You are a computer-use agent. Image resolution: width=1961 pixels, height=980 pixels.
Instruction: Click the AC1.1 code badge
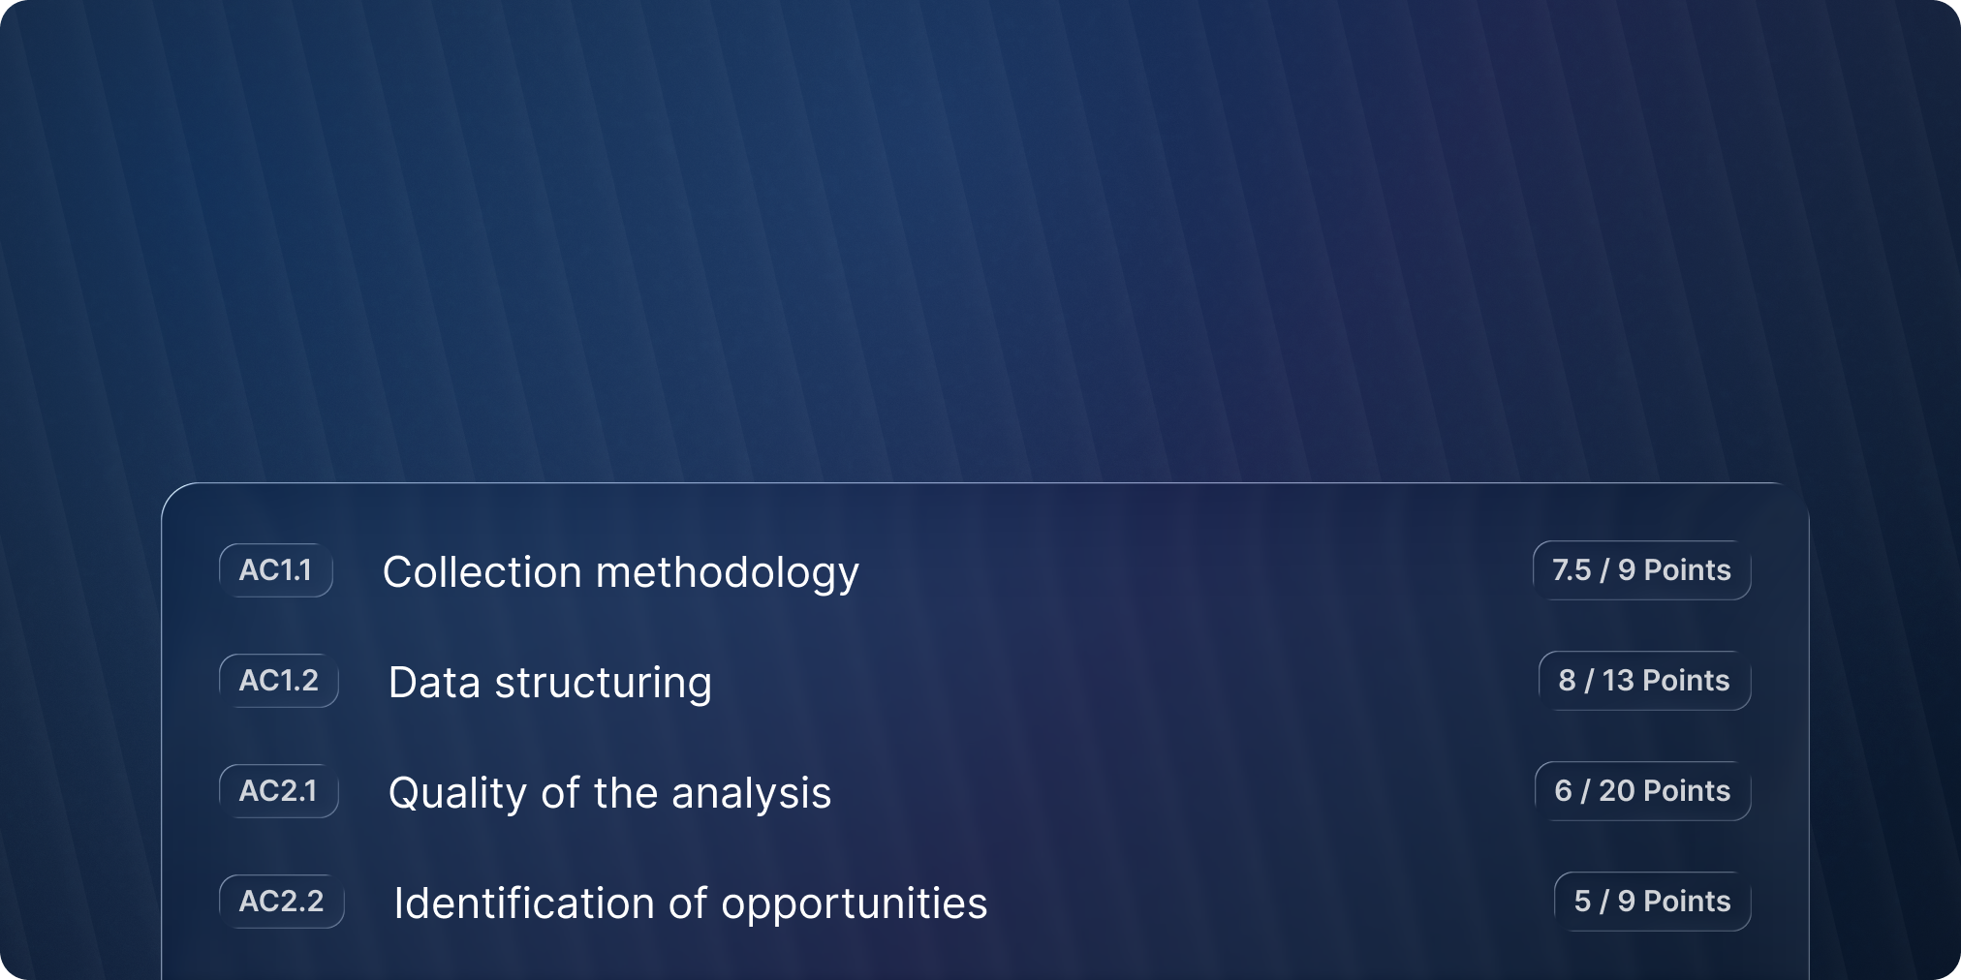coord(276,570)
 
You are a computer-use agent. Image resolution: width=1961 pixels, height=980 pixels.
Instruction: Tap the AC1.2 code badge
coord(279,681)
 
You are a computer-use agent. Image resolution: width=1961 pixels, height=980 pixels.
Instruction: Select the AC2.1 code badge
coord(279,791)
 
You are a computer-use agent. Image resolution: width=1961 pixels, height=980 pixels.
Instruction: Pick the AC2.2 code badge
coord(282,902)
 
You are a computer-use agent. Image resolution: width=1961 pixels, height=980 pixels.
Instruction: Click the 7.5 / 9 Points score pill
coord(1642,570)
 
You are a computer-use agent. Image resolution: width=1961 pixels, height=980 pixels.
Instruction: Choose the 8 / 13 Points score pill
coord(1645,681)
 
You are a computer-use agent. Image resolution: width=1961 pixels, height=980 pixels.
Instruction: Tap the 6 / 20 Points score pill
coord(1643,791)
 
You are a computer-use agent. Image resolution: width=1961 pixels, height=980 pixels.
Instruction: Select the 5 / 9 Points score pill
coord(1653,902)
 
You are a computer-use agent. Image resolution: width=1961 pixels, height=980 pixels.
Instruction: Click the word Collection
coord(482,571)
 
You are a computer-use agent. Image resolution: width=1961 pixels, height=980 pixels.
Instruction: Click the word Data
coord(434,683)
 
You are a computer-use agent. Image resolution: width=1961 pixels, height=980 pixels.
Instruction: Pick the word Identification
coord(524,903)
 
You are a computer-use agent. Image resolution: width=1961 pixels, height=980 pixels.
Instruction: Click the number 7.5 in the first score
coord(1572,570)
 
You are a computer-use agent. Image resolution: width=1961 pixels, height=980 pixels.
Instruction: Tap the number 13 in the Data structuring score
coord(1619,681)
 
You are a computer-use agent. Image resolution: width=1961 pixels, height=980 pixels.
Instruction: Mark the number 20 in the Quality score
coord(1617,791)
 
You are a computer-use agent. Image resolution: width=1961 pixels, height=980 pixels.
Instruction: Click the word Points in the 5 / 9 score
coord(1688,902)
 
